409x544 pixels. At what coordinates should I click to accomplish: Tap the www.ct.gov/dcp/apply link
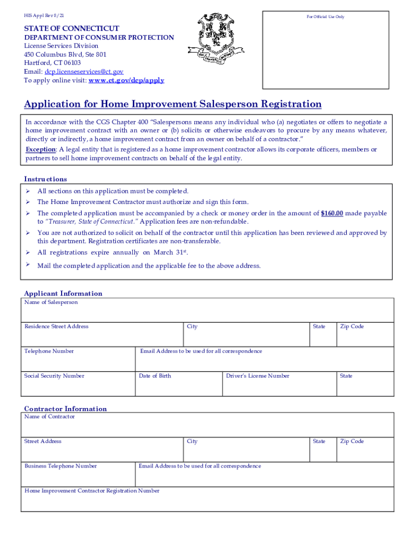pos(126,80)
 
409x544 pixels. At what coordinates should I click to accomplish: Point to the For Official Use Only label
pos(325,17)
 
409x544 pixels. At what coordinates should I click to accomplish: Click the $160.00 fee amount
pos(332,213)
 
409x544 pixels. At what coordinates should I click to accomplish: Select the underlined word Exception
pos(41,149)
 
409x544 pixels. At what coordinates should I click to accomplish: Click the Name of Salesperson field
pos(207,311)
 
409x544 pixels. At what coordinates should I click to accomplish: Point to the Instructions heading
pos(46,179)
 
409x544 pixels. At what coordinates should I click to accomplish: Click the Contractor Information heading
pos(65,409)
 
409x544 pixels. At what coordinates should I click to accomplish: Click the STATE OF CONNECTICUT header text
pos(71,28)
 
